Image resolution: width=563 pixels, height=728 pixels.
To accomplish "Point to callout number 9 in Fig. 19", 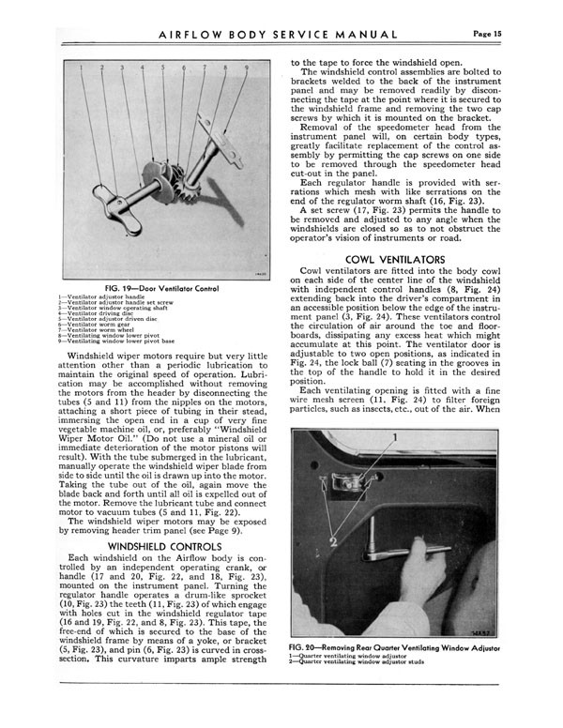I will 247,68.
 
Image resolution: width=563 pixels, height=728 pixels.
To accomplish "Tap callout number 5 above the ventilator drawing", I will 162,68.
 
